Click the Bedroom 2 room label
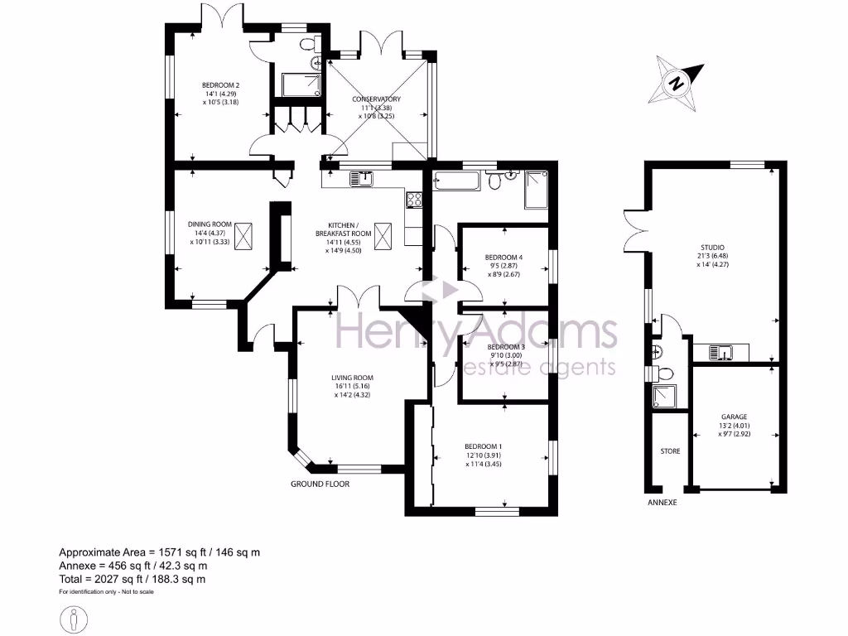point(221,84)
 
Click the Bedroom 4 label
point(503,257)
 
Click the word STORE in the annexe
point(670,452)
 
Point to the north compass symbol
point(677,82)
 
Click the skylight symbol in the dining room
point(244,235)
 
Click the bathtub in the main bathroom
point(456,181)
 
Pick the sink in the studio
point(722,354)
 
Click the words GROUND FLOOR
point(320,484)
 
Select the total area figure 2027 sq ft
point(132,579)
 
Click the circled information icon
point(75,617)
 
